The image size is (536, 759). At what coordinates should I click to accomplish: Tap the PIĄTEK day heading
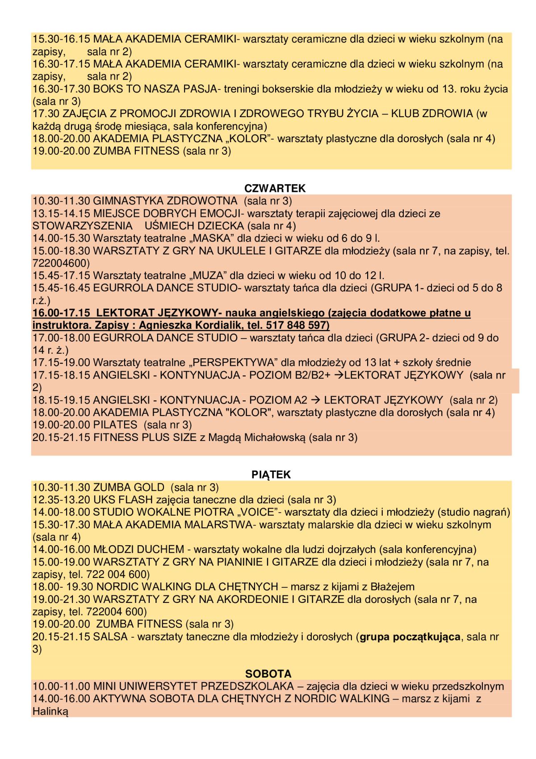(271, 475)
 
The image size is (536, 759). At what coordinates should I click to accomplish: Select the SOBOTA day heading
(268, 674)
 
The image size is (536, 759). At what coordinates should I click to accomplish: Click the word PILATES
(115, 425)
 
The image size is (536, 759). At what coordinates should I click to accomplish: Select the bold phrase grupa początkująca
(410, 636)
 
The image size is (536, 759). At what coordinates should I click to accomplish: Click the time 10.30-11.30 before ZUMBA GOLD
(61, 487)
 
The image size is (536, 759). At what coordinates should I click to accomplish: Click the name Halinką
(50, 711)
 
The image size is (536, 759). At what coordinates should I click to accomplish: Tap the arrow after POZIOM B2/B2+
(339, 375)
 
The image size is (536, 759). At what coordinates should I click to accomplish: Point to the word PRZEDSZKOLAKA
(247, 686)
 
